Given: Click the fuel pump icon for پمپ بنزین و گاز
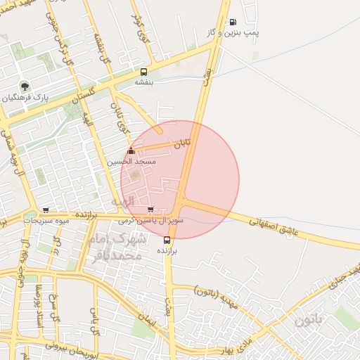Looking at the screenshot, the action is tap(233, 22).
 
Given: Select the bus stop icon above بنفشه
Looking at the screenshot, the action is tap(143, 72).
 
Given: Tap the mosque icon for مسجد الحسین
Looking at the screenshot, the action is tap(131, 151).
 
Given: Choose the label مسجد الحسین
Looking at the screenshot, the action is tap(131, 162).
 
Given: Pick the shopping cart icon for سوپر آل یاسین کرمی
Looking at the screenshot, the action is tap(150, 209).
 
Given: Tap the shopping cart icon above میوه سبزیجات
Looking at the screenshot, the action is tap(46, 210).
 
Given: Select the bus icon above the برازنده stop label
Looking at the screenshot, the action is tap(167, 240).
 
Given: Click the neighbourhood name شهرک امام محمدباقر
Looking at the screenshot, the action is tap(116, 247).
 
